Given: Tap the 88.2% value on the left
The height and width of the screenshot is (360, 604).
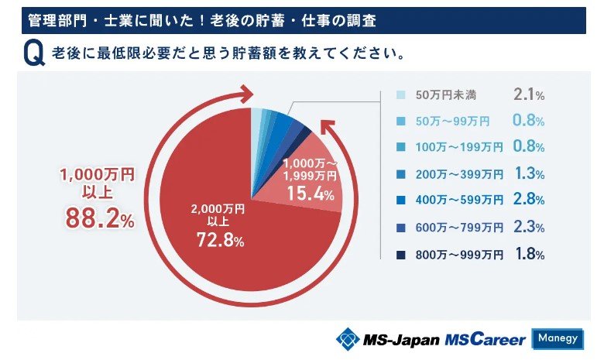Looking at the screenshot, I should [98, 219].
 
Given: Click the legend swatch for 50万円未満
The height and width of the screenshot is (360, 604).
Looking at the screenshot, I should [401, 95].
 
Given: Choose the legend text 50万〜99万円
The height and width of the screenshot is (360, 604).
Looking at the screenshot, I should [452, 122].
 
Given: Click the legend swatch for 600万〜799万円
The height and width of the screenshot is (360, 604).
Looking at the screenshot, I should [401, 228].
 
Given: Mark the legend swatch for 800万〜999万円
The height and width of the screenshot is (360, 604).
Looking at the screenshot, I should [401, 254].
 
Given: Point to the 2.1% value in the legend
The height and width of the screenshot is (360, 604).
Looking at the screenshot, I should [529, 94].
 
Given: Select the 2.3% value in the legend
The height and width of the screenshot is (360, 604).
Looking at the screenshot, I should [529, 228].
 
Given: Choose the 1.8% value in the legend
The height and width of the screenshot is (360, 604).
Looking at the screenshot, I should [529, 254].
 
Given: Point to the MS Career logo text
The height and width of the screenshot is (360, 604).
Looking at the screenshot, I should [485, 339].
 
